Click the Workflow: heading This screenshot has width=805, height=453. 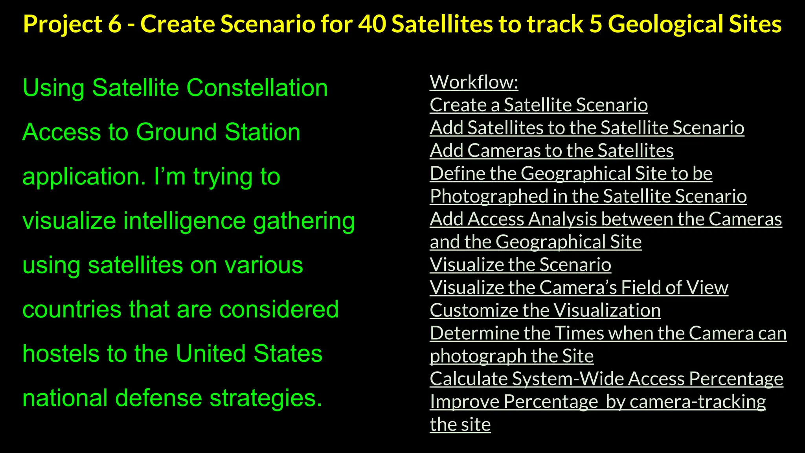(x=474, y=82)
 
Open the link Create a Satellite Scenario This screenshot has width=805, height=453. (x=539, y=105)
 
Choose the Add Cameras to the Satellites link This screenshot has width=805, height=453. (x=551, y=151)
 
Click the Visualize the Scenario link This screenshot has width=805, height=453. (x=520, y=265)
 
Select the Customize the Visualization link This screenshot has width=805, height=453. (x=545, y=310)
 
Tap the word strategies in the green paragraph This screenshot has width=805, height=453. (x=266, y=398)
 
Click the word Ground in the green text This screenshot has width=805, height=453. (x=177, y=132)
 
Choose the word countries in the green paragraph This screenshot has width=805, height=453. (x=72, y=309)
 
